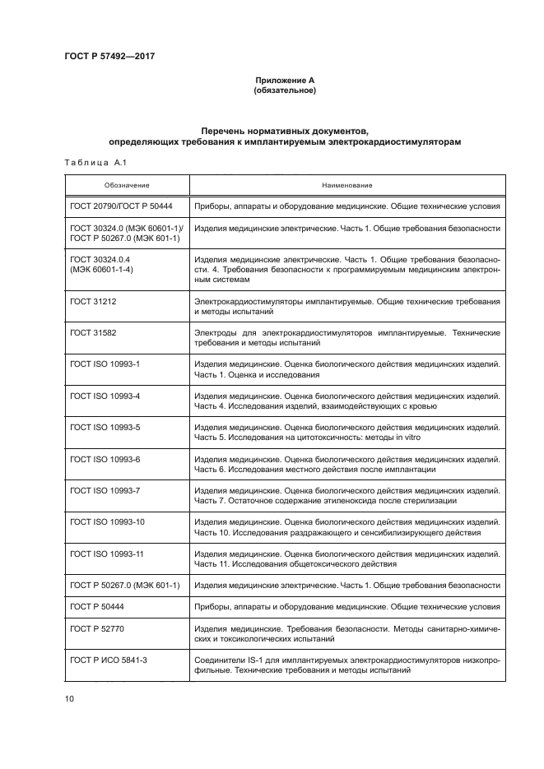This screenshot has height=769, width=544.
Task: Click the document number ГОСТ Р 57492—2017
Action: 109,56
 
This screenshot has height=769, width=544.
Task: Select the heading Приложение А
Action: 284,80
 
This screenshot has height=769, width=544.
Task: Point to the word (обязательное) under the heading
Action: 284,90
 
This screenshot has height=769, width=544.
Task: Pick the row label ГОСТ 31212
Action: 93,303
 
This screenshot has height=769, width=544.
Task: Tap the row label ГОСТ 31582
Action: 93,334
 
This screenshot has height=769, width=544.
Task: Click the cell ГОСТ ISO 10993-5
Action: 105,428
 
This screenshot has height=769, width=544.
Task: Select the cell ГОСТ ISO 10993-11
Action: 108,554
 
